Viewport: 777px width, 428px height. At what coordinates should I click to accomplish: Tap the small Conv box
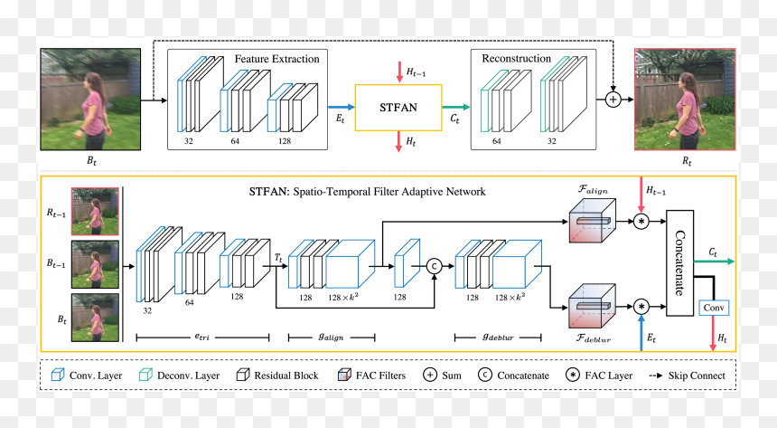tap(714, 308)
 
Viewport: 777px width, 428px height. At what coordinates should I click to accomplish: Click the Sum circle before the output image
tap(613, 100)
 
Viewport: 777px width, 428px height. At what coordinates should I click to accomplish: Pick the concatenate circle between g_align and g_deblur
tap(434, 266)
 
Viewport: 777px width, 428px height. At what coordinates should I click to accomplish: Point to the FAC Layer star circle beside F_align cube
tap(641, 222)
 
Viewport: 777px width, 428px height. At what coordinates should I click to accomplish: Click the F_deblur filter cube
tap(592, 306)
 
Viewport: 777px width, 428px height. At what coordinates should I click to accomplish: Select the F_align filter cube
tap(592, 221)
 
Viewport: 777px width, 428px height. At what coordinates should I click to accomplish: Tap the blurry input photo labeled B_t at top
tap(90, 100)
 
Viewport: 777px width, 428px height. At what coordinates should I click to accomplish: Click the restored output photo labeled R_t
tap(685, 100)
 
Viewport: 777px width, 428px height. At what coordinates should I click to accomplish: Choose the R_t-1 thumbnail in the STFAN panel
tap(95, 212)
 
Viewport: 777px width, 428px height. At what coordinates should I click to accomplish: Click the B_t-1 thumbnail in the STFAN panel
tap(95, 264)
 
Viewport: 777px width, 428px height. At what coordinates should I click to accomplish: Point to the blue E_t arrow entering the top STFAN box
tap(342, 108)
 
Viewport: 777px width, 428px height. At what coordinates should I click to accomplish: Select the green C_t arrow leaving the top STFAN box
tap(456, 108)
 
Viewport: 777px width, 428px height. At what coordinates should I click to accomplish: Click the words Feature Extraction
tap(277, 59)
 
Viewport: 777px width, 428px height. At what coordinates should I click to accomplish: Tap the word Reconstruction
tap(517, 59)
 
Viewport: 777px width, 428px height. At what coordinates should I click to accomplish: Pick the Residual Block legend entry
tap(277, 376)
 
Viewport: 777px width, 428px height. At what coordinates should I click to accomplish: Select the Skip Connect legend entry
tap(687, 376)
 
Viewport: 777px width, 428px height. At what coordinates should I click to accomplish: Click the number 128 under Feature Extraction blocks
tap(285, 141)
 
